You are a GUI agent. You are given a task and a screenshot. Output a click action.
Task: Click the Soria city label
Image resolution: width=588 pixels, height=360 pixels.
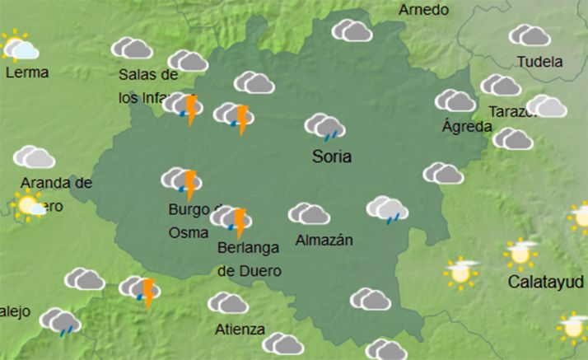[332, 157]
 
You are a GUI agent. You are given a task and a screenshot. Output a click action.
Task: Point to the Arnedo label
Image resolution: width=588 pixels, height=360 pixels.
[423, 10]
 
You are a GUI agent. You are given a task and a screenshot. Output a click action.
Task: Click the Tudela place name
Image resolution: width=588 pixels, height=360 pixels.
[539, 62]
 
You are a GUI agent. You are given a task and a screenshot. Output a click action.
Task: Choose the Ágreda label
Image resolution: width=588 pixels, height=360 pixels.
[467, 127]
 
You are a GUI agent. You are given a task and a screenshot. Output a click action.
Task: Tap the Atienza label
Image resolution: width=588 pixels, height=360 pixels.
[240, 330]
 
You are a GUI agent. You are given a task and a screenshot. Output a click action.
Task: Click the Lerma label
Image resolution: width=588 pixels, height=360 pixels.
[27, 72]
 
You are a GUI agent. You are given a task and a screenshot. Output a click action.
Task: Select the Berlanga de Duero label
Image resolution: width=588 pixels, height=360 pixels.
[250, 258]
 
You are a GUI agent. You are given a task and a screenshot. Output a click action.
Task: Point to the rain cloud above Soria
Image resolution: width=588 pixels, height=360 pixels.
[324, 127]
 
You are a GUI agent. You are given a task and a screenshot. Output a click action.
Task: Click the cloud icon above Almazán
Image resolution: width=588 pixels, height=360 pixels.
[309, 214]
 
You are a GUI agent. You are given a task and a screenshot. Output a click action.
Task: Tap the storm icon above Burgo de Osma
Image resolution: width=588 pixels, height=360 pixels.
[182, 183]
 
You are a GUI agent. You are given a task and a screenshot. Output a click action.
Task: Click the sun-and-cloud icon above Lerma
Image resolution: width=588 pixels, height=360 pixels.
[18, 46]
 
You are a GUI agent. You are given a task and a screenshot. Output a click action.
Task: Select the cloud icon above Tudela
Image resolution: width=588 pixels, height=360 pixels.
[530, 35]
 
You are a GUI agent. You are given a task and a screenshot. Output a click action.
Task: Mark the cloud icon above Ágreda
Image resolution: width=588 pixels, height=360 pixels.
[455, 101]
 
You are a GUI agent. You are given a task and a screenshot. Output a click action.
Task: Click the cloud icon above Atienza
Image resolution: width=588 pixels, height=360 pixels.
[228, 303]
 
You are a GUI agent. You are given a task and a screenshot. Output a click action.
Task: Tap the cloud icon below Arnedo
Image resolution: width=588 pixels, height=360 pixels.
[352, 31]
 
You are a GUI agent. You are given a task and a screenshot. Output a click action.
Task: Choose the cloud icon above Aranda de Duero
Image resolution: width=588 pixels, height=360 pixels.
[35, 157]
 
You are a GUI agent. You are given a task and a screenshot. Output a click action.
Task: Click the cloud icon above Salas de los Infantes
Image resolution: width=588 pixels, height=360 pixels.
[132, 48]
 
